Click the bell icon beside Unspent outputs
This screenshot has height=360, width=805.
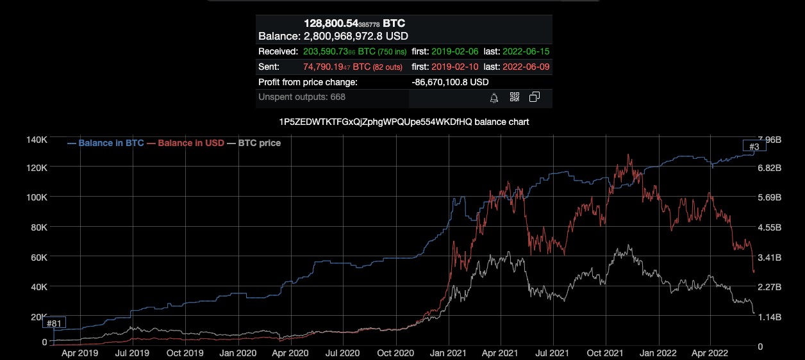coord(494,98)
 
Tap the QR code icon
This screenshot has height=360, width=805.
coord(514,97)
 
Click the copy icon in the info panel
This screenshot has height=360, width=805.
coord(534,97)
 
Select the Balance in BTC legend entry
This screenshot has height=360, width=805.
coord(106,143)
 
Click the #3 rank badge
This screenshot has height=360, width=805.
coord(754,147)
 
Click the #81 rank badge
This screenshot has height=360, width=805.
coord(54,323)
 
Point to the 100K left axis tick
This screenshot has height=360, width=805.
coord(37,197)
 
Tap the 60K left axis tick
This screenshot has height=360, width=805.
coord(38,257)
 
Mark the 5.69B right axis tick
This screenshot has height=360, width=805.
coord(769,197)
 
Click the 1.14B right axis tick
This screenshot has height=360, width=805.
coord(769,317)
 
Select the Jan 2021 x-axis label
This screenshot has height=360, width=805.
coord(447,353)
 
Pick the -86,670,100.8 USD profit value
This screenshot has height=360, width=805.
coord(450,82)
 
